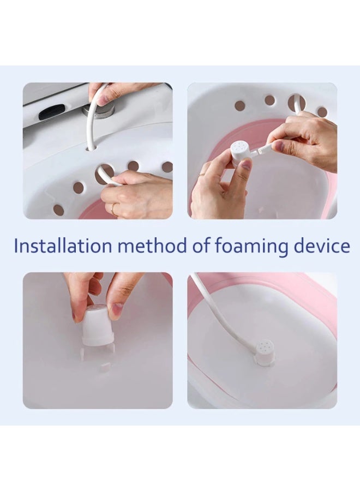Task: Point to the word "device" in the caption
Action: pos(322,246)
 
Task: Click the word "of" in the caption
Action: pos(200,246)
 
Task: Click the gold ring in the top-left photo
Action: pos(113,208)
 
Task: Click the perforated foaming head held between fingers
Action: pos(241,154)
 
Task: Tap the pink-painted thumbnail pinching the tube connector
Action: pos(279,146)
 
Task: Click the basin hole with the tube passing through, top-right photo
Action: pos(297,102)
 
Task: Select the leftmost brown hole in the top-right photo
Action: pos(239,105)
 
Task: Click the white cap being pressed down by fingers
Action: pos(98,326)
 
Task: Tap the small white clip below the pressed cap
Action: pos(104,367)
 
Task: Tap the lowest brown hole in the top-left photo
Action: pos(58,209)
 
